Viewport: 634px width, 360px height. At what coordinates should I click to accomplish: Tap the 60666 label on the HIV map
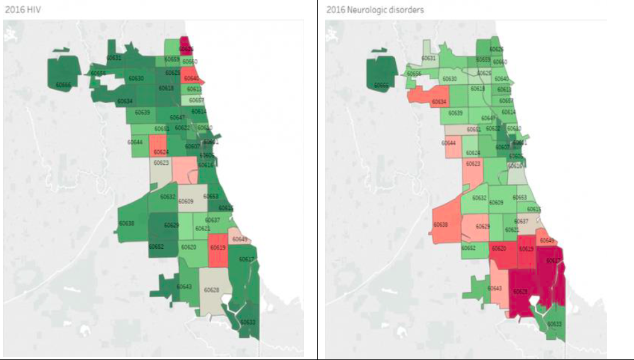click(x=63, y=84)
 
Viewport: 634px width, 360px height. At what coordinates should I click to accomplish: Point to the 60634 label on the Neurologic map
click(x=439, y=101)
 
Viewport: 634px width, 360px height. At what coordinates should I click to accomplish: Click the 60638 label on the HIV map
click(x=126, y=223)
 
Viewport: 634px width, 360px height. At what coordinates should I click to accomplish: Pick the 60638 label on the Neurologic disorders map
click(x=442, y=224)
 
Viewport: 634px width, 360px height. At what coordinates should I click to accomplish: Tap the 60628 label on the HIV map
click(x=212, y=290)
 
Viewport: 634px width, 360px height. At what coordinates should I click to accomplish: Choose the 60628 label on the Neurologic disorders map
click(x=520, y=291)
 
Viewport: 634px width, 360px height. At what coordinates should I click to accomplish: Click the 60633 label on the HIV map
click(x=248, y=322)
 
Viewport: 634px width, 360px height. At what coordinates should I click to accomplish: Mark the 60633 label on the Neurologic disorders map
click(x=555, y=324)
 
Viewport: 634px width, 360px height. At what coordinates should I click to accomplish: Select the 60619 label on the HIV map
click(x=218, y=248)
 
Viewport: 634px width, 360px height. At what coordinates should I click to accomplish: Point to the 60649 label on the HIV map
click(x=239, y=239)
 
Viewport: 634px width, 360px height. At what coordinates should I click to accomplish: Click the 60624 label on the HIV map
click(x=160, y=152)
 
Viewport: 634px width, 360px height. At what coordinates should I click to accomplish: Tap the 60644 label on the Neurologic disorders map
click(x=449, y=143)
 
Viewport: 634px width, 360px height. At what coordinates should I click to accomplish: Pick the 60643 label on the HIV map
click(x=184, y=286)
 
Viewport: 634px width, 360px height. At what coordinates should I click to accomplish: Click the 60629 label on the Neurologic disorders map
click(x=483, y=226)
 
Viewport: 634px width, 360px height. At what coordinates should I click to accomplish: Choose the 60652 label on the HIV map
click(x=156, y=247)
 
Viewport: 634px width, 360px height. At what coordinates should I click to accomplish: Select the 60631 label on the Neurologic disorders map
click(x=428, y=58)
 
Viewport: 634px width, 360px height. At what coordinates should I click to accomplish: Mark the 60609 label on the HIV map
click(x=185, y=202)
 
